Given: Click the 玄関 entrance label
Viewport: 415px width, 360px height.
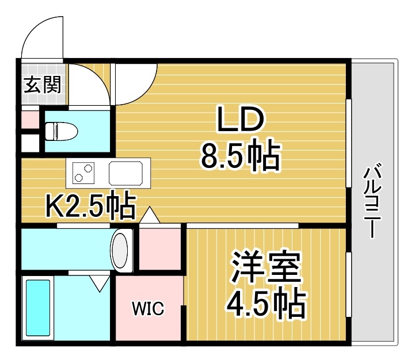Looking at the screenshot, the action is pyautogui.click(x=43, y=85).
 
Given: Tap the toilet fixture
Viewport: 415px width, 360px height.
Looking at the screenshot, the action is pyautogui.click(x=62, y=131).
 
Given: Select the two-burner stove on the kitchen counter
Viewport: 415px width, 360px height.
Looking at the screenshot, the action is pyautogui.click(x=83, y=173).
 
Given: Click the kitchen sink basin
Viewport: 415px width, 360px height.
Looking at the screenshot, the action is pyautogui.click(x=125, y=173).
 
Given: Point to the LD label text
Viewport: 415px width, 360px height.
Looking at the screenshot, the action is pyautogui.click(x=241, y=119).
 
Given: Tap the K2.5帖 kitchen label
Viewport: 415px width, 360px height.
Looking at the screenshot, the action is pyautogui.click(x=91, y=205).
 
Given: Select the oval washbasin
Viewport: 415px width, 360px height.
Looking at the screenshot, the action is pyautogui.click(x=120, y=251).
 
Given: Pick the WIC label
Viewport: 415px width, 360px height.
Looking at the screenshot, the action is pyautogui.click(x=149, y=308).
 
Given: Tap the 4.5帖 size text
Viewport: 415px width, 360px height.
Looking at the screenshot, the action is pyautogui.click(x=266, y=304).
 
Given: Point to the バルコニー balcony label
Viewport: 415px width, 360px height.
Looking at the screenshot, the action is pyautogui.click(x=372, y=201).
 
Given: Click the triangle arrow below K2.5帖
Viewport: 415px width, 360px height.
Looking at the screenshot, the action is pyautogui.click(x=150, y=215).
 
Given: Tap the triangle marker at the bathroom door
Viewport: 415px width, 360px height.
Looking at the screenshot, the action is pyautogui.click(x=100, y=284).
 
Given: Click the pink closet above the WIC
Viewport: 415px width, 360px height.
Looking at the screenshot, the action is pyautogui.click(x=160, y=249).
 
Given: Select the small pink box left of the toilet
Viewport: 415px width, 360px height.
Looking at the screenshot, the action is pyautogui.click(x=30, y=120).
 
